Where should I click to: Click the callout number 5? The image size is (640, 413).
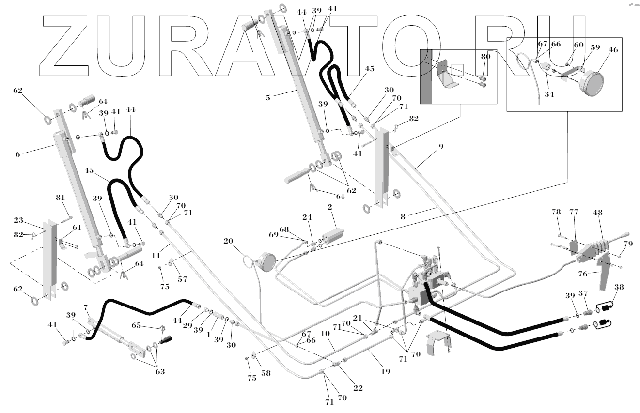(x=268, y=97)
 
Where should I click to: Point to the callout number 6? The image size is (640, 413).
(x=18, y=154)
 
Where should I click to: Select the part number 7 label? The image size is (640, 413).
(x=86, y=308)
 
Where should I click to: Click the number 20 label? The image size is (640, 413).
(x=229, y=241)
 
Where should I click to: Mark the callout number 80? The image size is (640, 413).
(x=485, y=57)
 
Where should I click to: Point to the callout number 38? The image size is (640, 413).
(x=619, y=286)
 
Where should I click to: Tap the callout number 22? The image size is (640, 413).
(x=358, y=388)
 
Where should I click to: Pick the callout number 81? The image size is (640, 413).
(x=60, y=198)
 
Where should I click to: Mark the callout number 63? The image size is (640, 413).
(x=160, y=372)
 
